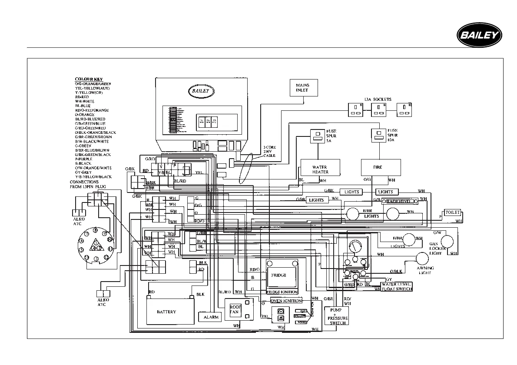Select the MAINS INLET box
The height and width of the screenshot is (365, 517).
(302, 87)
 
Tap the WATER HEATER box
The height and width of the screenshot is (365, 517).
(320, 169)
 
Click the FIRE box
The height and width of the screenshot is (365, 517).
(381, 167)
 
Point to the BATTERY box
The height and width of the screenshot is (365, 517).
(167, 312)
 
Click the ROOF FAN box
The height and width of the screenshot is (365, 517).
(235, 309)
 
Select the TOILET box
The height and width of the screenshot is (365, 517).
(452, 212)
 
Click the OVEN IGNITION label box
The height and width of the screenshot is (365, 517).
(286, 301)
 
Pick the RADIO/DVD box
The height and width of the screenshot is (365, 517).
(400, 201)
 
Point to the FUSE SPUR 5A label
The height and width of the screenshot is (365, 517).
(331, 135)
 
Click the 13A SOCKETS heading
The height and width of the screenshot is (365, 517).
(378, 100)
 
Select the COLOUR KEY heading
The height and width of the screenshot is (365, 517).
(88, 79)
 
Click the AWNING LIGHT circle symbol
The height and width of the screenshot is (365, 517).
(422, 258)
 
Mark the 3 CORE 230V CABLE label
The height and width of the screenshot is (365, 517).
(269, 151)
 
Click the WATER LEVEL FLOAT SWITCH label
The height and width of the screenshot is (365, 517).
(396, 286)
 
